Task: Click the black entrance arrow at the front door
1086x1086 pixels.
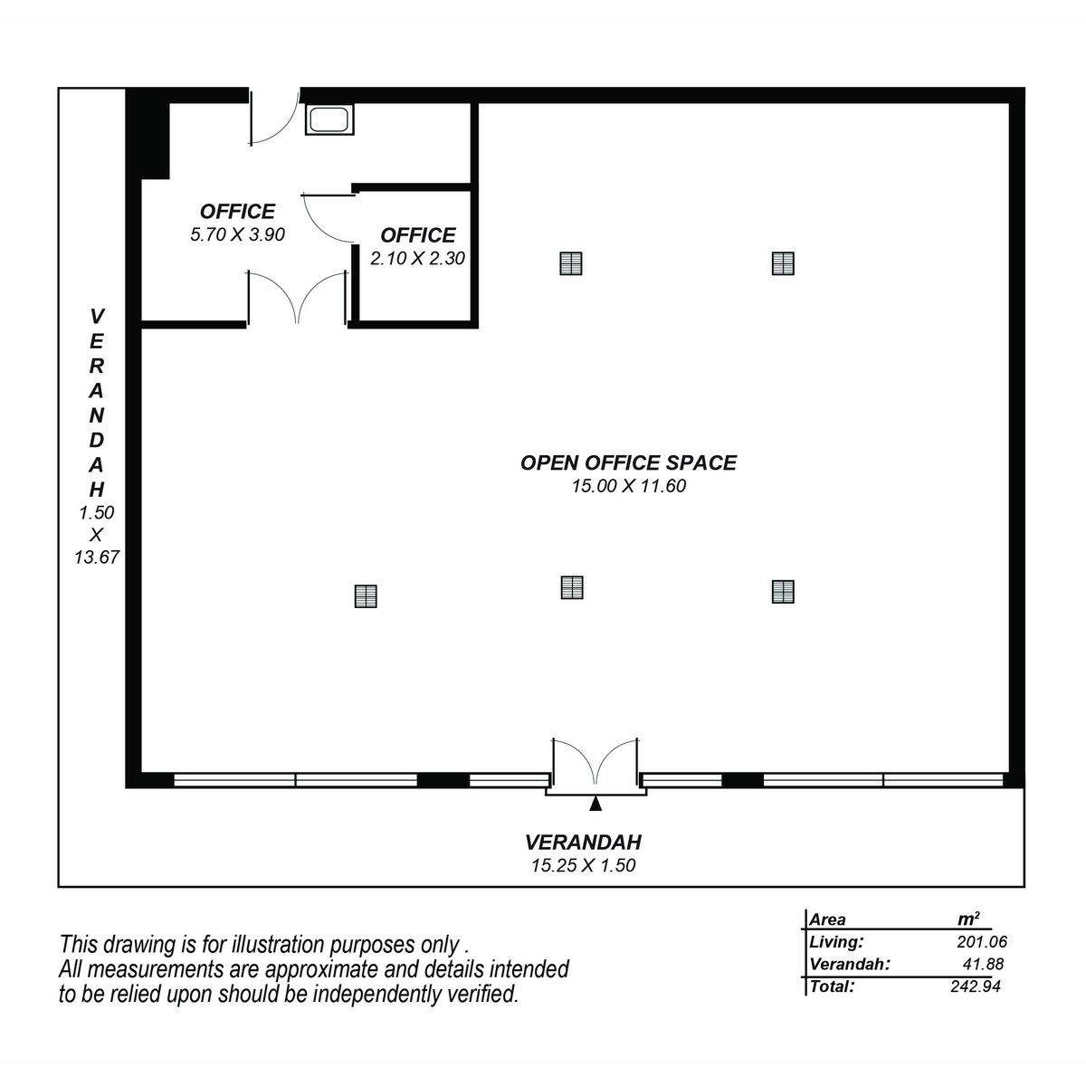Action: [x=595, y=804]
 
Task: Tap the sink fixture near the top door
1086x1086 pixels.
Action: [x=329, y=119]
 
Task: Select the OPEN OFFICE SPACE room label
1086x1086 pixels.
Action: [x=628, y=462]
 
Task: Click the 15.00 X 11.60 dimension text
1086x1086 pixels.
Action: [x=629, y=486]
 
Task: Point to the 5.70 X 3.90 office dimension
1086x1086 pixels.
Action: [x=237, y=234]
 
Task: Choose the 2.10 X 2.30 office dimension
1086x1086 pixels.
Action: [x=417, y=258]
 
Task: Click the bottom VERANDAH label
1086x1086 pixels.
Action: [x=584, y=842]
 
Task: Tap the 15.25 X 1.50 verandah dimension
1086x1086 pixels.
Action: [x=584, y=865]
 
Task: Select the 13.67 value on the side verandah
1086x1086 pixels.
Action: [x=96, y=557]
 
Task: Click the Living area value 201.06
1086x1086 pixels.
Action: [x=982, y=942]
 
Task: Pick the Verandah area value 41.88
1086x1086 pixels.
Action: [x=984, y=964]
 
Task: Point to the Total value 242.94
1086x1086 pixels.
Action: [x=976, y=986]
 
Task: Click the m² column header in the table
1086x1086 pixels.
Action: [x=968, y=919]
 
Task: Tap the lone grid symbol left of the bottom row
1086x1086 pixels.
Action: [x=366, y=596]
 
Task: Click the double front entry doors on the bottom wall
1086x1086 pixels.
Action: [x=595, y=762]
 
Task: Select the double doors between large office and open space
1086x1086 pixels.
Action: [x=297, y=298]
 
